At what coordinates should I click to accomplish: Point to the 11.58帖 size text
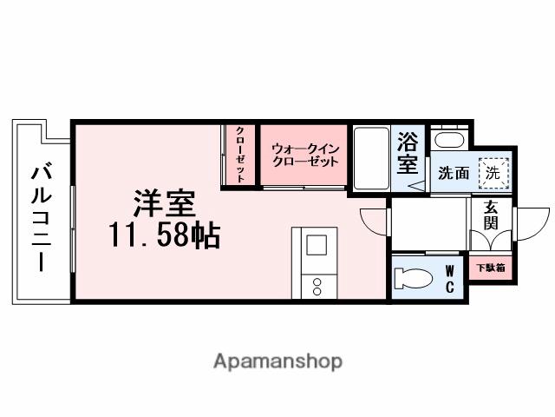[x=164, y=235]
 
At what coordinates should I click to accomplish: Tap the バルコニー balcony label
[x=40, y=217]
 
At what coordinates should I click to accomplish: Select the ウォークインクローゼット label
[x=304, y=155]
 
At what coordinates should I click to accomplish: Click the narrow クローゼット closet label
[x=240, y=155]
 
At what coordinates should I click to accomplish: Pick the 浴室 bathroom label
[x=407, y=152]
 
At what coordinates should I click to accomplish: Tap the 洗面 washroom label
[x=454, y=173]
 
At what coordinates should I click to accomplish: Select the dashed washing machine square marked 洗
[x=493, y=173]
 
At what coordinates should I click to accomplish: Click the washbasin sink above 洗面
[x=448, y=140]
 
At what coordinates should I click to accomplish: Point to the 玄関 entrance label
[x=492, y=214]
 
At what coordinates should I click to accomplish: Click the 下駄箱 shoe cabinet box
[x=491, y=268]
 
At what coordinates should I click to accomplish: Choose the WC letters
[x=450, y=278]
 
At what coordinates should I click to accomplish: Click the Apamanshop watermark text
[x=277, y=361]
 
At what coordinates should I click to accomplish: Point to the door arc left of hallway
[x=374, y=222]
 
